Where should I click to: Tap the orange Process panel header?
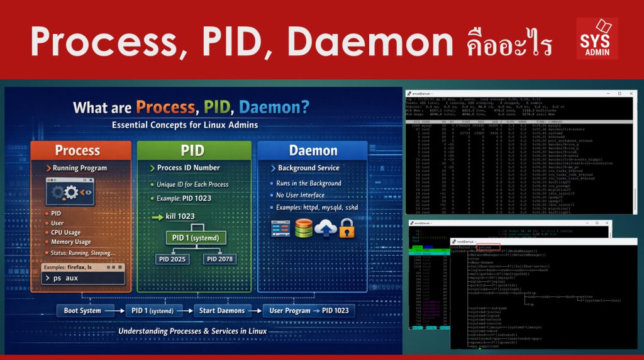pyautogui.click(x=77, y=150)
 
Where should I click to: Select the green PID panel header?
pyautogui.click(x=192, y=150)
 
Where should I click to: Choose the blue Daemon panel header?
pyautogui.click(x=313, y=150)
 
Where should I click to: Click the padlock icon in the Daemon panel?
pyautogui.click(x=347, y=229)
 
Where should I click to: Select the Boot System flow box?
pyautogui.click(x=82, y=310)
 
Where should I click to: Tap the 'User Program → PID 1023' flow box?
pyautogui.click(x=308, y=310)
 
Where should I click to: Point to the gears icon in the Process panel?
pyautogui.click(x=70, y=192)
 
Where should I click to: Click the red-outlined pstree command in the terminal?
pyautogui.click(x=488, y=247)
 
